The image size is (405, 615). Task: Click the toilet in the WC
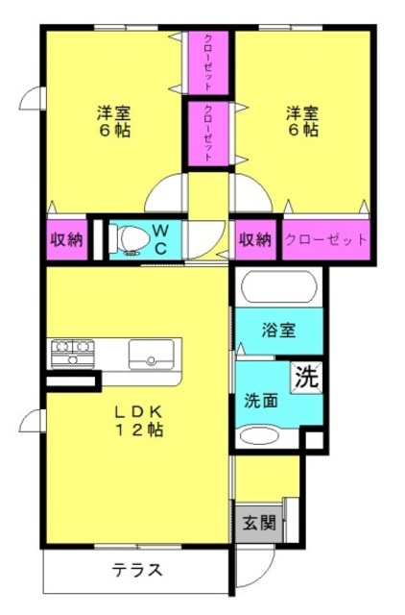pos(130,238)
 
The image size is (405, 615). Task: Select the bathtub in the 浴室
pos(278,286)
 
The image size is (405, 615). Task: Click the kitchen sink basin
pos(152,355)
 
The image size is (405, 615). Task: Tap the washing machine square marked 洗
pos(307,377)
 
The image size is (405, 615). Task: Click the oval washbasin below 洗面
pos(259,436)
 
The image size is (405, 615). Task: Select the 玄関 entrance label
pos(259,523)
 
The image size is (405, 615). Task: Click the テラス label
pos(136,570)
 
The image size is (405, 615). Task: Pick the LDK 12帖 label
pos(138,421)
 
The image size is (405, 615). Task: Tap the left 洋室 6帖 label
pos(113,121)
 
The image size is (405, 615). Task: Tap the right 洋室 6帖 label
pos(302,121)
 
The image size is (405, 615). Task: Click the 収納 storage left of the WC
pos(67,239)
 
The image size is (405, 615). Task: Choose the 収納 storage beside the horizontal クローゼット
pos(255,239)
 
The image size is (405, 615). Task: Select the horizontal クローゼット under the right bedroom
pos(326,239)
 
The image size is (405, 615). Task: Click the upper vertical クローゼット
pos(208,62)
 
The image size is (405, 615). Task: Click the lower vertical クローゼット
pos(208,134)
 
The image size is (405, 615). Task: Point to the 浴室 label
pos(278,331)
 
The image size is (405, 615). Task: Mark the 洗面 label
pos(261,401)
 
